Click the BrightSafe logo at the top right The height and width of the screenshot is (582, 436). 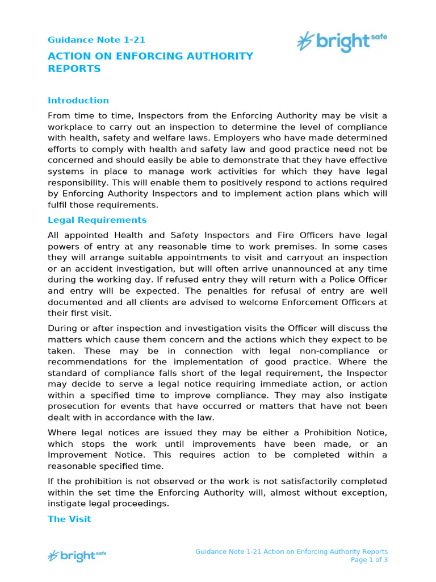[x=342, y=41]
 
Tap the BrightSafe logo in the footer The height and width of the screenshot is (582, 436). [x=77, y=555]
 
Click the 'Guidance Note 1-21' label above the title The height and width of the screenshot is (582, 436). [x=96, y=40]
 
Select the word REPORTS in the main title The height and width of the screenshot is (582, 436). [x=74, y=69]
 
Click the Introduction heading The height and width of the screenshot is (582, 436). [x=78, y=101]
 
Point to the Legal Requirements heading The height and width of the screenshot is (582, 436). [x=97, y=220]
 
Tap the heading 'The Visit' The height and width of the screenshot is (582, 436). [x=69, y=519]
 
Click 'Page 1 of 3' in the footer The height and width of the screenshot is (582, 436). [x=369, y=560]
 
